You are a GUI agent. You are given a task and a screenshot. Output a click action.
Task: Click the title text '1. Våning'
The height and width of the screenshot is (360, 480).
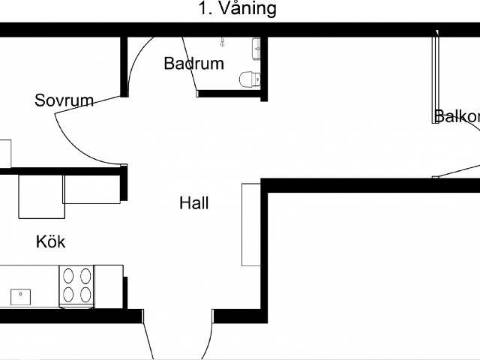[x=237, y=9]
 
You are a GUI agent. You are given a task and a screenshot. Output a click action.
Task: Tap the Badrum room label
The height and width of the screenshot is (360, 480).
[x=193, y=64]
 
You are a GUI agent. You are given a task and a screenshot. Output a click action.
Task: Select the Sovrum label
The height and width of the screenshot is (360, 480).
[x=64, y=100]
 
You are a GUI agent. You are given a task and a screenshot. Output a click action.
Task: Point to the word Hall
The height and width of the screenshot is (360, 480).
[x=194, y=202]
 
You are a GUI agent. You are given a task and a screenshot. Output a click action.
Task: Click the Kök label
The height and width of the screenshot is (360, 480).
[x=51, y=241]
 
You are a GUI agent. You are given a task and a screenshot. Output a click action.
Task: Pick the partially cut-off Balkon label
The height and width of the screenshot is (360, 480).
[x=457, y=116]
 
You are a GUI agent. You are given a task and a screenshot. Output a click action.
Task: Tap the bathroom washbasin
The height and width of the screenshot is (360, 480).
[x=257, y=47]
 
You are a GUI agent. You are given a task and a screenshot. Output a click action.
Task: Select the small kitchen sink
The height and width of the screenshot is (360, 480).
[x=20, y=296]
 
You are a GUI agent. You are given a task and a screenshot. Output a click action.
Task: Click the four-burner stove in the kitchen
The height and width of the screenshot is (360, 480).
[x=77, y=286]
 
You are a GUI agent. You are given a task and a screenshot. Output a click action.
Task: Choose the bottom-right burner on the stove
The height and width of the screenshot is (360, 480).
[x=85, y=295]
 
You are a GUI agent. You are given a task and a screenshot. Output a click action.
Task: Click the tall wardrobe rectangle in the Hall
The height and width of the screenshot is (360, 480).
[x=250, y=224]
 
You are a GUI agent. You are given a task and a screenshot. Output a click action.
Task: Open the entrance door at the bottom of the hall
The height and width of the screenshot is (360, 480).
[x=178, y=342]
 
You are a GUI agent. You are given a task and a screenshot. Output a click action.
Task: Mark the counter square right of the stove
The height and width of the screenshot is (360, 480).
[x=109, y=286]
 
